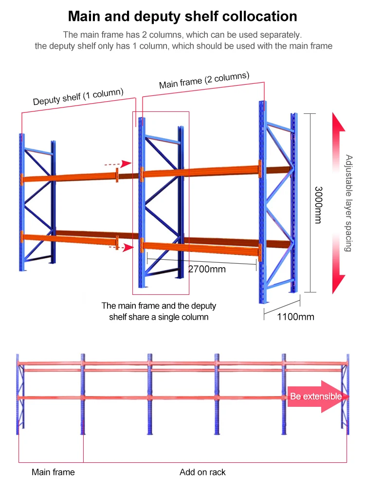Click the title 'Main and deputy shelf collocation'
182,16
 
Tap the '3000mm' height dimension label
317,205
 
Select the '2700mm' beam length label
207,269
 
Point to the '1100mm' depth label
295,317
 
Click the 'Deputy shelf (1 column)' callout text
78,97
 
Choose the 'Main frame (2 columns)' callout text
204,80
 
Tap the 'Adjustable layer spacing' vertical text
348,203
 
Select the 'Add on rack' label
202,472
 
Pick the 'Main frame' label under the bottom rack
53,472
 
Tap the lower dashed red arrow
121,248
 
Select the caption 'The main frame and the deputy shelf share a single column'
159,311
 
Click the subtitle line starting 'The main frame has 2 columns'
182,35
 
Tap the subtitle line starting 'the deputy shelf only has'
183,46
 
